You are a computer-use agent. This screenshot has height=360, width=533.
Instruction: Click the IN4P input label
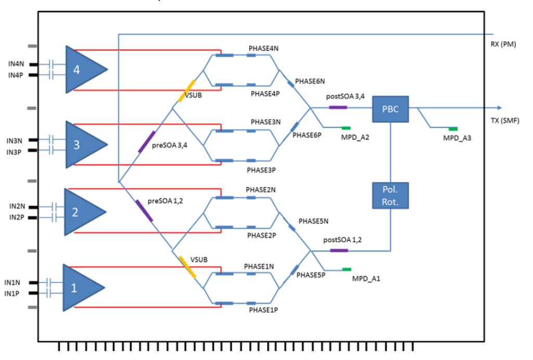pyautogui.click(x=16, y=75)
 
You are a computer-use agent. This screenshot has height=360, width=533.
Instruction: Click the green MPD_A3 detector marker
pyautogui.click(x=453, y=128)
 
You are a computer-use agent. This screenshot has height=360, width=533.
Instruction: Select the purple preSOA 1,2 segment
pyautogui.click(x=144, y=211)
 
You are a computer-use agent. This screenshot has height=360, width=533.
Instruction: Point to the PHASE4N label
pyautogui.click(x=264, y=48)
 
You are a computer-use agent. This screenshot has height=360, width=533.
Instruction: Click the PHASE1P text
pyautogui.click(x=263, y=311)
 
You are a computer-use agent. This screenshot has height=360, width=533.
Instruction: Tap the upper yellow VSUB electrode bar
pyautogui.click(x=187, y=91)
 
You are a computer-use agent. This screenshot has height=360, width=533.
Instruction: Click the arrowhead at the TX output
pyautogui.click(x=500, y=108)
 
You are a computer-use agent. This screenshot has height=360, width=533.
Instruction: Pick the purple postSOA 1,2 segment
pyautogui.click(x=339, y=251)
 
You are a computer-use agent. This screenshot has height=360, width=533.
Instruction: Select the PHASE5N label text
pyautogui.click(x=313, y=221)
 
